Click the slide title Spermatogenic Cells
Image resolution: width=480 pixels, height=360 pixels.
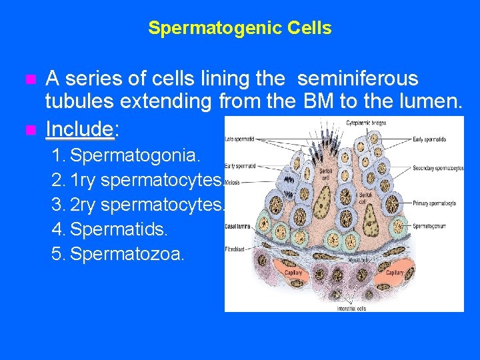tap(239, 28)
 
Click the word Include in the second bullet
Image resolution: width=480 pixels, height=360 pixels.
tap(79, 127)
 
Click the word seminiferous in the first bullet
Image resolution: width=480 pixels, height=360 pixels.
tap(357, 79)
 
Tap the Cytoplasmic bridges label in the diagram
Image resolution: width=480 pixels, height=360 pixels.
tap(365, 123)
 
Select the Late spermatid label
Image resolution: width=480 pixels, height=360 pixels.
tap(240, 139)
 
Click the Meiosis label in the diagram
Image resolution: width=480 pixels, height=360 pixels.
tap(233, 181)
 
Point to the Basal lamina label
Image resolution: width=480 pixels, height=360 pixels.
tap(237, 227)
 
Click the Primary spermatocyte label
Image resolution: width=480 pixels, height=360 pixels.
tap(435, 203)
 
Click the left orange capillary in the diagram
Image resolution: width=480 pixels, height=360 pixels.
tap(293, 273)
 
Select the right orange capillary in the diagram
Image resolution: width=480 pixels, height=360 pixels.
tap(394, 273)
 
